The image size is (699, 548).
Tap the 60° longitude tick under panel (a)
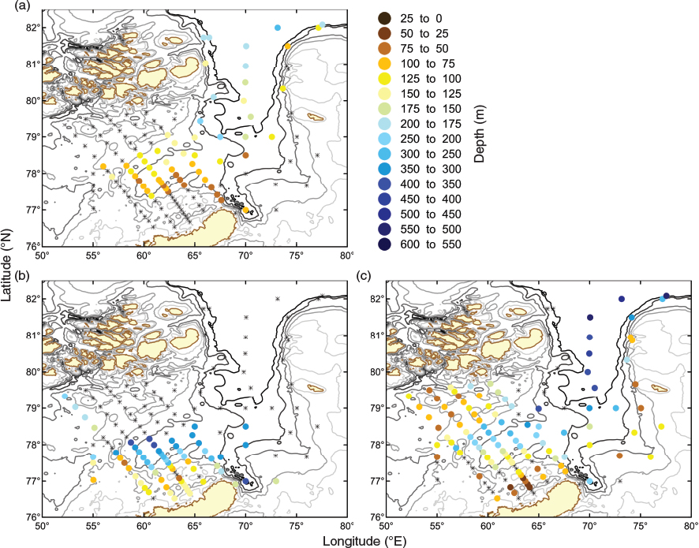144,255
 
